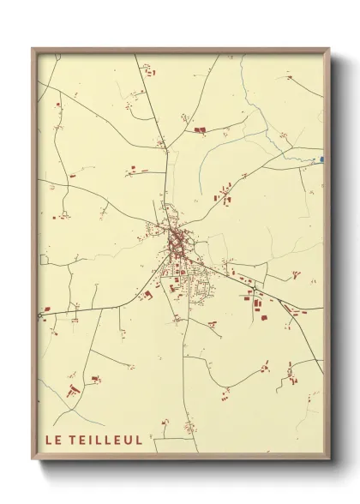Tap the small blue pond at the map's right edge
coord(321,159)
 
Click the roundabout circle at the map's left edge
coord(40,316)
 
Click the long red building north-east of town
coord(201,129)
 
